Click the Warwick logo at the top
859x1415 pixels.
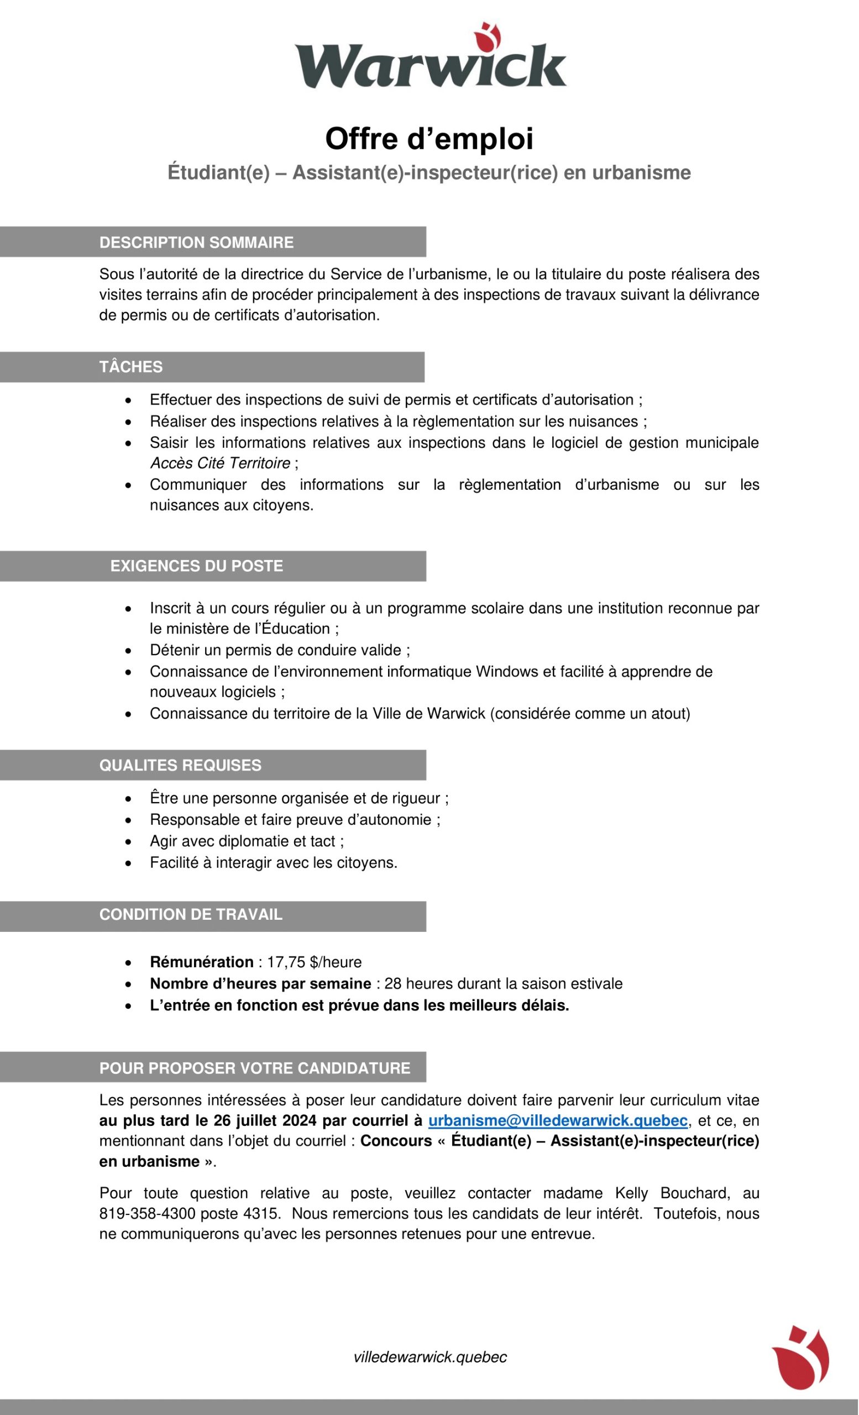click(x=430, y=57)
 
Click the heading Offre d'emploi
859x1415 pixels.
click(x=429, y=139)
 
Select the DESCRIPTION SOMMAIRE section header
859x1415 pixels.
click(x=196, y=242)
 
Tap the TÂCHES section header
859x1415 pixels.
click(x=131, y=367)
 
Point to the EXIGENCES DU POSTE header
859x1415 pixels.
click(x=196, y=566)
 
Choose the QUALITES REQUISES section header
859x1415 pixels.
click(x=180, y=766)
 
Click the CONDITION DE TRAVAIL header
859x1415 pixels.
click(x=191, y=914)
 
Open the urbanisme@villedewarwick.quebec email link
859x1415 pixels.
click(x=558, y=1120)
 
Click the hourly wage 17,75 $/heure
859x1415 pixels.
click(x=314, y=962)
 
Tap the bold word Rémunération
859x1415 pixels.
click(x=202, y=962)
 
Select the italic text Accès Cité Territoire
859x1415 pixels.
click(x=220, y=463)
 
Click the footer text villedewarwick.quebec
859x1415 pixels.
click(x=430, y=1357)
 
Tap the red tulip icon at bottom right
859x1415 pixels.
click(x=800, y=1357)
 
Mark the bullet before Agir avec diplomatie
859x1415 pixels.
click(x=129, y=842)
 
